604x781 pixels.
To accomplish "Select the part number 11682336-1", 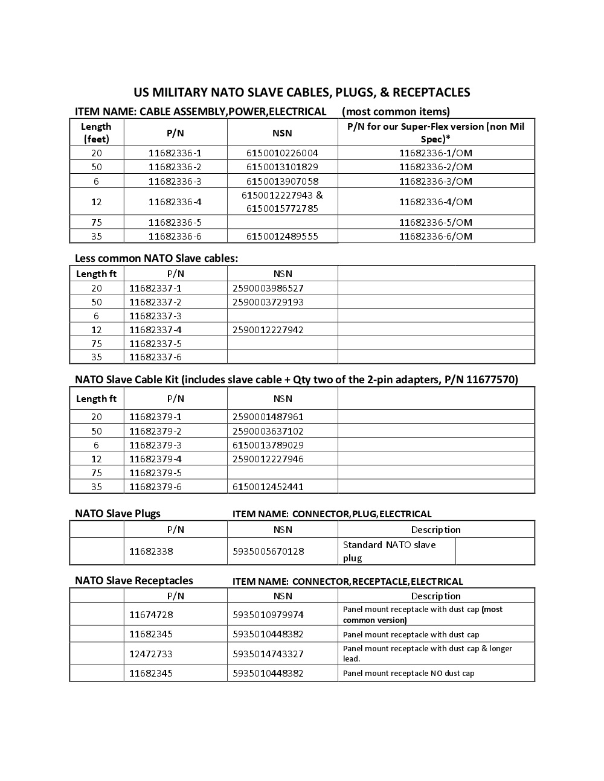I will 175,153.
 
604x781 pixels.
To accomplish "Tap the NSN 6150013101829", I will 282,167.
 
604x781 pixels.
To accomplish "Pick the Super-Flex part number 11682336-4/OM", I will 435,202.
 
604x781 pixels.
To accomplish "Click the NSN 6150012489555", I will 282,237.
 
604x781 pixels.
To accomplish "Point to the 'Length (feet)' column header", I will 96,133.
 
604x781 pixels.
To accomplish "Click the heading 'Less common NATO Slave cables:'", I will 156,258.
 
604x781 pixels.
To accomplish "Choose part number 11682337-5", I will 155,343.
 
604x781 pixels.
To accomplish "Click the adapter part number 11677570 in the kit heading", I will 491,380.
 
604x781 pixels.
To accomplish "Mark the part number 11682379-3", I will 155,445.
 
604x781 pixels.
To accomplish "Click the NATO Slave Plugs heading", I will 118,514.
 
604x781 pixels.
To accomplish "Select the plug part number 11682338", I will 151,551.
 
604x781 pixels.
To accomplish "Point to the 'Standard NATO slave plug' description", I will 390,551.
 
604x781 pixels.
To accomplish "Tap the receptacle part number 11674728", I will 151,614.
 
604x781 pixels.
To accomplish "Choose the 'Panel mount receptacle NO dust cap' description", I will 409,673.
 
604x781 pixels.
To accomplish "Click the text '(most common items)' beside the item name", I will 396,112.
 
